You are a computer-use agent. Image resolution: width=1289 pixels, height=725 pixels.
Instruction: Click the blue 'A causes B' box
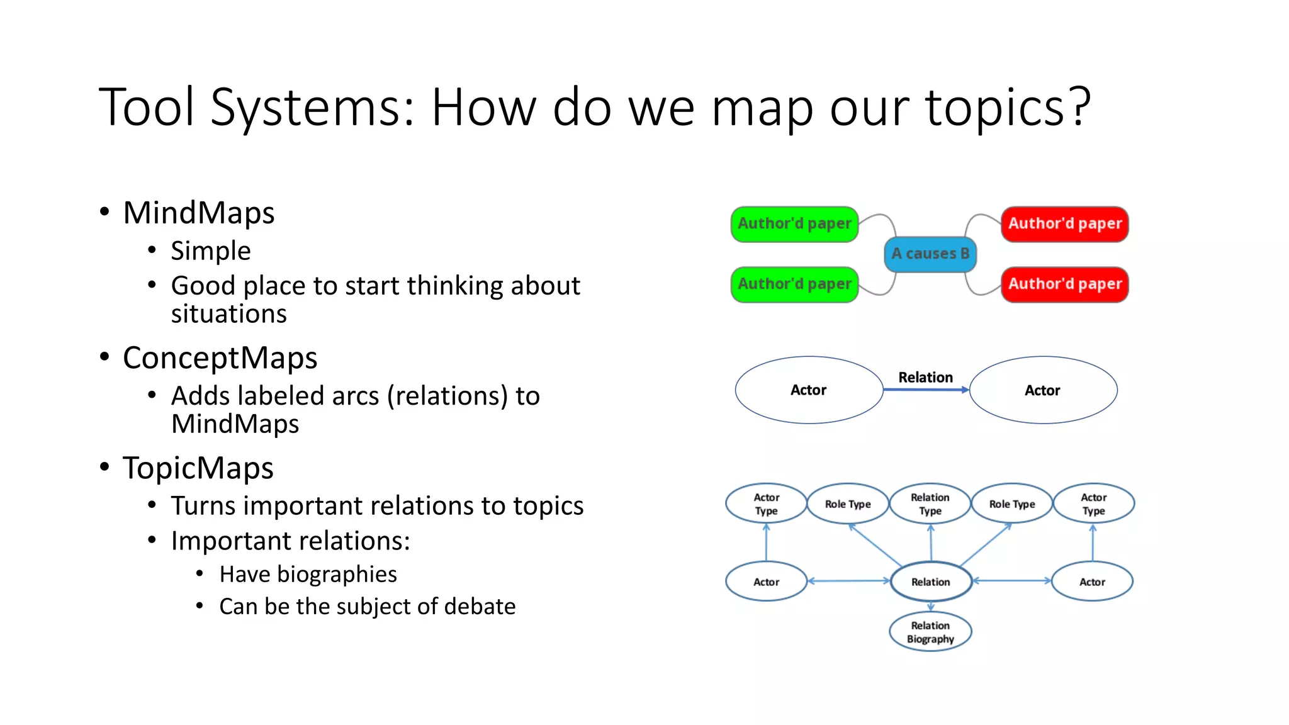point(930,254)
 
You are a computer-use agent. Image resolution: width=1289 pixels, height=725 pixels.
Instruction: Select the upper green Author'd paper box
point(794,224)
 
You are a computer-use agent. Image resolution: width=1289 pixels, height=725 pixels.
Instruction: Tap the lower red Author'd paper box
point(1064,284)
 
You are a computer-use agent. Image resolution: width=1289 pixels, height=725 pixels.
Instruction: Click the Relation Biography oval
point(930,632)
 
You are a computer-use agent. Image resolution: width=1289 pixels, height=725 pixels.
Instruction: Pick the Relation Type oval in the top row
point(930,503)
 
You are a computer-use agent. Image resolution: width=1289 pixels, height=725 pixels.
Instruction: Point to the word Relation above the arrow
point(925,377)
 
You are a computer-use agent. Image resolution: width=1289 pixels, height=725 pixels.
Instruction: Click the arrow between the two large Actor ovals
point(925,390)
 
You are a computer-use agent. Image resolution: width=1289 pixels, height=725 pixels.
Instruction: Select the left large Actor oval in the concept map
point(809,390)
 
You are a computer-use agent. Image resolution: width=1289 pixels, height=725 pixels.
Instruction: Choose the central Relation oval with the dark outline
point(930,582)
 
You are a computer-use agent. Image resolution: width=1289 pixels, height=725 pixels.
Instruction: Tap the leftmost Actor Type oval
point(766,503)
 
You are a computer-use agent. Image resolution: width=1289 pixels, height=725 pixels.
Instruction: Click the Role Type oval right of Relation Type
point(1011,503)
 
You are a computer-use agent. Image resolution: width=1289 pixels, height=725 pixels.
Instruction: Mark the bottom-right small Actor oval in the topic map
point(1092,582)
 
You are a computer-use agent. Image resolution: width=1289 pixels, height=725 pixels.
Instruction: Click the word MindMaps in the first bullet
point(199,213)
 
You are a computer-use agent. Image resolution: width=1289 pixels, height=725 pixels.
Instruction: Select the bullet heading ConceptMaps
point(220,358)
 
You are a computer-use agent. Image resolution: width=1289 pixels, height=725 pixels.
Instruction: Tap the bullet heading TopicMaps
point(198,468)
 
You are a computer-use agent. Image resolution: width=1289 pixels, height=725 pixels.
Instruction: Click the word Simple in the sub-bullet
point(211,251)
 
